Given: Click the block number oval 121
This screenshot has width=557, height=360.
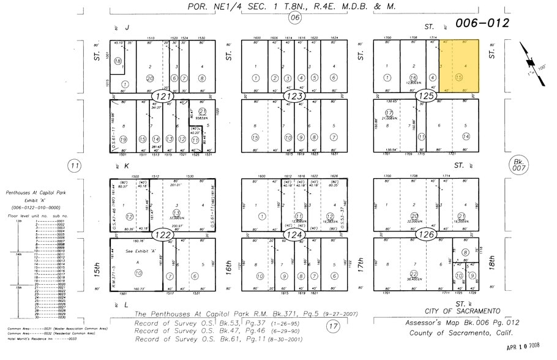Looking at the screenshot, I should point(164,96).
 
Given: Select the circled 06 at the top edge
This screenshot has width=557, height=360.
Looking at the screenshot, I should point(296,18).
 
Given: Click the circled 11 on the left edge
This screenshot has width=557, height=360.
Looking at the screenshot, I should point(75,165).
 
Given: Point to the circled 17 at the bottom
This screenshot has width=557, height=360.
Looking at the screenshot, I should point(332,326).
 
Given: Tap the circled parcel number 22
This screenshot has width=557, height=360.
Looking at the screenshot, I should point(414,274).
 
